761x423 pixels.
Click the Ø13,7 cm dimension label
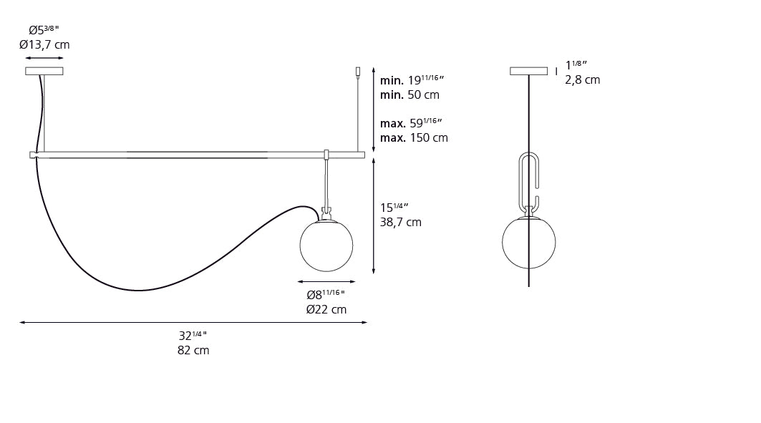44,45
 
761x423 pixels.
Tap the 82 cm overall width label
193,351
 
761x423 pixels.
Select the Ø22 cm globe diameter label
326,309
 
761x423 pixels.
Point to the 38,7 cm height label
400,223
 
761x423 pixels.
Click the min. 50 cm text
409,94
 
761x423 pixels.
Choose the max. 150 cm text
414,137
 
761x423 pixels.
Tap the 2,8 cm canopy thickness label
582,80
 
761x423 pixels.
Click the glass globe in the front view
326,245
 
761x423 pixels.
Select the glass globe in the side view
528,243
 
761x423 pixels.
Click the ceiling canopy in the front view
44,71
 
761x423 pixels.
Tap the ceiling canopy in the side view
528,71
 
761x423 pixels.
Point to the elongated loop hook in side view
528,179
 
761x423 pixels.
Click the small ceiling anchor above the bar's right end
358,71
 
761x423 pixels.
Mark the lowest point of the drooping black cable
140,291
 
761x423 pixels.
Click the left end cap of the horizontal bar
33,155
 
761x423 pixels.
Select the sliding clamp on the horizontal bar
326,155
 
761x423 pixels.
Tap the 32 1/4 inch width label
193,335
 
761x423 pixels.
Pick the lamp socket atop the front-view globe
326,213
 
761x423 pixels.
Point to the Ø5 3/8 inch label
44,30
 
